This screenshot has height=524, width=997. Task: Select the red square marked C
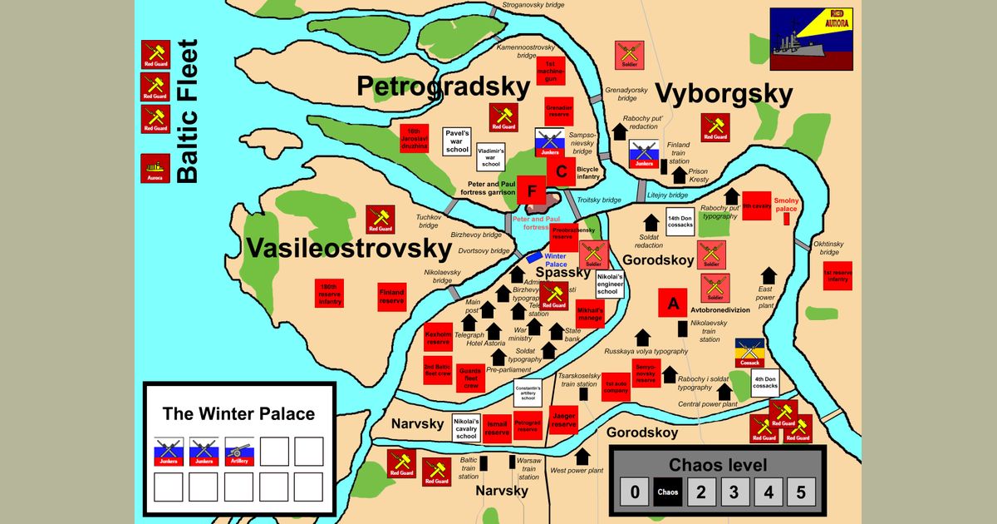[561, 172]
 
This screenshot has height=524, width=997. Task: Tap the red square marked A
[672, 303]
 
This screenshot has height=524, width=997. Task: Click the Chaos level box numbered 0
[635, 492]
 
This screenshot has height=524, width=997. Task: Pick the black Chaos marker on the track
[667, 492]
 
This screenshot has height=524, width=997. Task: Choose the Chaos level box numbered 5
[800, 492]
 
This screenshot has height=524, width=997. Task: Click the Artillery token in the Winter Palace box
[239, 452]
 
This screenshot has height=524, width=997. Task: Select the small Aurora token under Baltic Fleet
[155, 168]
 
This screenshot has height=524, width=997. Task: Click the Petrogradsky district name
[443, 87]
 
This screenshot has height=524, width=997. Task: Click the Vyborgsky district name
[724, 94]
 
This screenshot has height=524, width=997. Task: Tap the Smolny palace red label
[785, 205]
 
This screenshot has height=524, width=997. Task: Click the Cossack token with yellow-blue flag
[749, 353]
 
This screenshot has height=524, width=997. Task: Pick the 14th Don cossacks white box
[680, 221]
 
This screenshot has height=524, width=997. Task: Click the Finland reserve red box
[391, 297]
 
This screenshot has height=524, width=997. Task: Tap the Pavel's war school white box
[457, 140]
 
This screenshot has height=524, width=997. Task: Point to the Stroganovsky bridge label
[533, 6]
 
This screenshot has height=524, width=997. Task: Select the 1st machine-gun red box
[549, 72]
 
